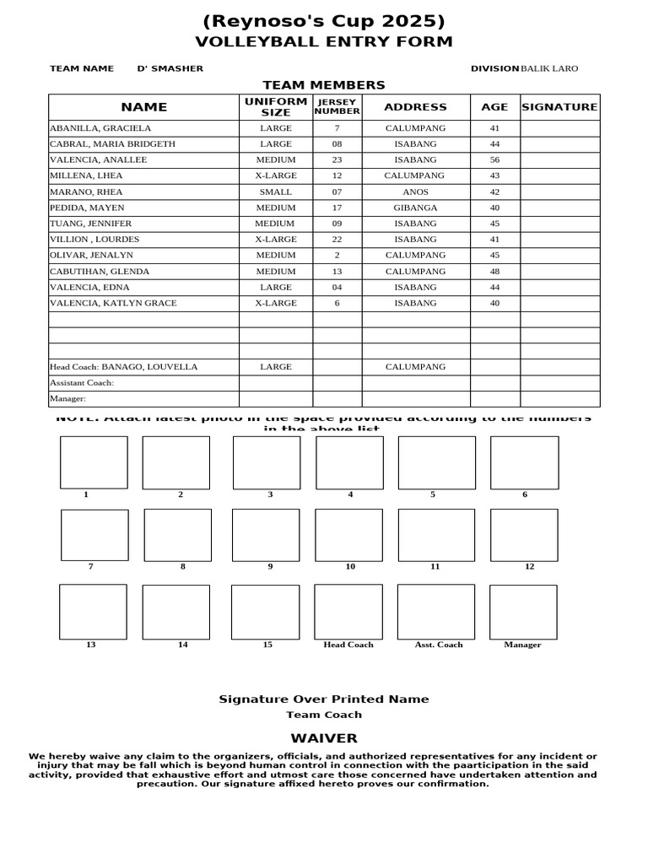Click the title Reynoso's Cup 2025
(x=324, y=21)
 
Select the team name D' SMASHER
(x=170, y=68)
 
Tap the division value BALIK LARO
(x=549, y=68)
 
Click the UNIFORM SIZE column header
(x=276, y=107)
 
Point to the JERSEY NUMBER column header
(x=337, y=107)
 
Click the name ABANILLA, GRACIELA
(x=100, y=128)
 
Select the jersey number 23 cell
(x=337, y=159)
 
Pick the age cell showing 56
(x=494, y=159)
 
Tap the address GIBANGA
(x=415, y=208)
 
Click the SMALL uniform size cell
(x=276, y=192)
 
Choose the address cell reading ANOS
(x=415, y=192)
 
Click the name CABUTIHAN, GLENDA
(x=100, y=272)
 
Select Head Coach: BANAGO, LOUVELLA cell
(x=124, y=367)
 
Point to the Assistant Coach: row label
(x=82, y=383)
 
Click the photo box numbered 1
(x=94, y=462)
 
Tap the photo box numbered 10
(x=349, y=535)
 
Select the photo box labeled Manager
(x=523, y=613)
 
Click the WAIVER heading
(x=324, y=738)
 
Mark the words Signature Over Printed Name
(x=324, y=699)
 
